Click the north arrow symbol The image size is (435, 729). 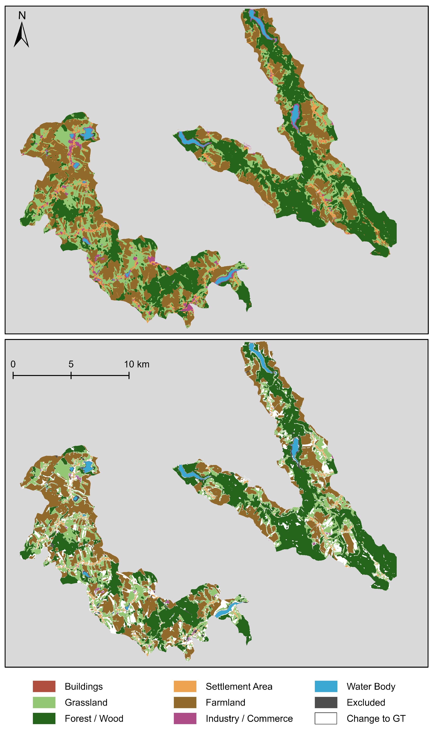click(21, 35)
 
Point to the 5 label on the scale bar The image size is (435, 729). click(71, 364)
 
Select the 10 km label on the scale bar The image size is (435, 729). click(137, 364)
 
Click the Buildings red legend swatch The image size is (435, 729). click(44, 686)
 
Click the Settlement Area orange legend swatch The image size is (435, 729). click(185, 686)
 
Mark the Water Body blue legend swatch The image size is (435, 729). click(326, 686)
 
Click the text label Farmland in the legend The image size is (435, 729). click(225, 703)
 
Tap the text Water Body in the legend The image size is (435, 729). click(371, 686)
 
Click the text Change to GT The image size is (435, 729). click(376, 718)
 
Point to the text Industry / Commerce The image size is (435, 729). click(249, 718)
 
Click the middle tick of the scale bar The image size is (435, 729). click(71, 375)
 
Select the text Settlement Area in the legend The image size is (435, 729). click(239, 686)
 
